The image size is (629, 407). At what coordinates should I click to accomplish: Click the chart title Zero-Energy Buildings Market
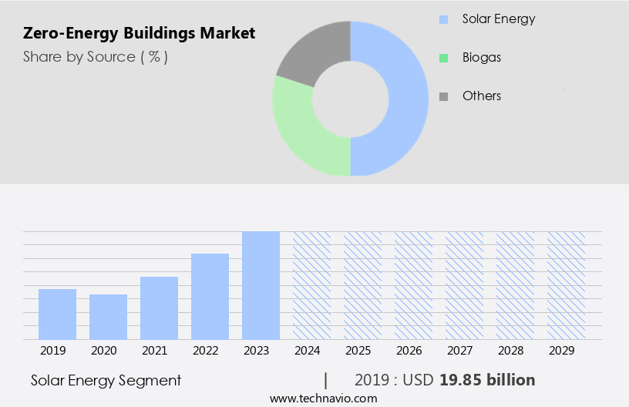coord(139,33)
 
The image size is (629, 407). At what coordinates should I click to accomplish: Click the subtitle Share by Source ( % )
coord(96,57)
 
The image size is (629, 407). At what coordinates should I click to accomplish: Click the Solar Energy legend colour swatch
coord(443,19)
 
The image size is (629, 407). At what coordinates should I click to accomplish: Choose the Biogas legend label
coord(482,58)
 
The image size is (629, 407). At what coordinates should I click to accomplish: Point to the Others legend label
coord(482,96)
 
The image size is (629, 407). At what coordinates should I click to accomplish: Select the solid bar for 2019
coord(57,314)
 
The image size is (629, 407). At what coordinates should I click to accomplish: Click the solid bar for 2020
coord(108,317)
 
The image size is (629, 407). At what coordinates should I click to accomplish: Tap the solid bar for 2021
coord(159,308)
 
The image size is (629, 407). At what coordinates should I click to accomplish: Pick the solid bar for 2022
coord(210,296)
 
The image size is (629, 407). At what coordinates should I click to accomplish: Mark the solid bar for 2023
coord(261,285)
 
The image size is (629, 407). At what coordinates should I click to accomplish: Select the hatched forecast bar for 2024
coord(311,285)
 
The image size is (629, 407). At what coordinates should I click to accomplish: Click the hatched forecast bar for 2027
coord(464,285)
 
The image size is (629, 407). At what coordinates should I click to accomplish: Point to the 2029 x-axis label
coord(566,351)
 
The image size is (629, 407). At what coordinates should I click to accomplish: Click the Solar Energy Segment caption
coord(106,380)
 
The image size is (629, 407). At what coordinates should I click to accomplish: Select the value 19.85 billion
coord(487,380)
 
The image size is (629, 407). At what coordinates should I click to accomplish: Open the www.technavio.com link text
coord(324,399)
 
